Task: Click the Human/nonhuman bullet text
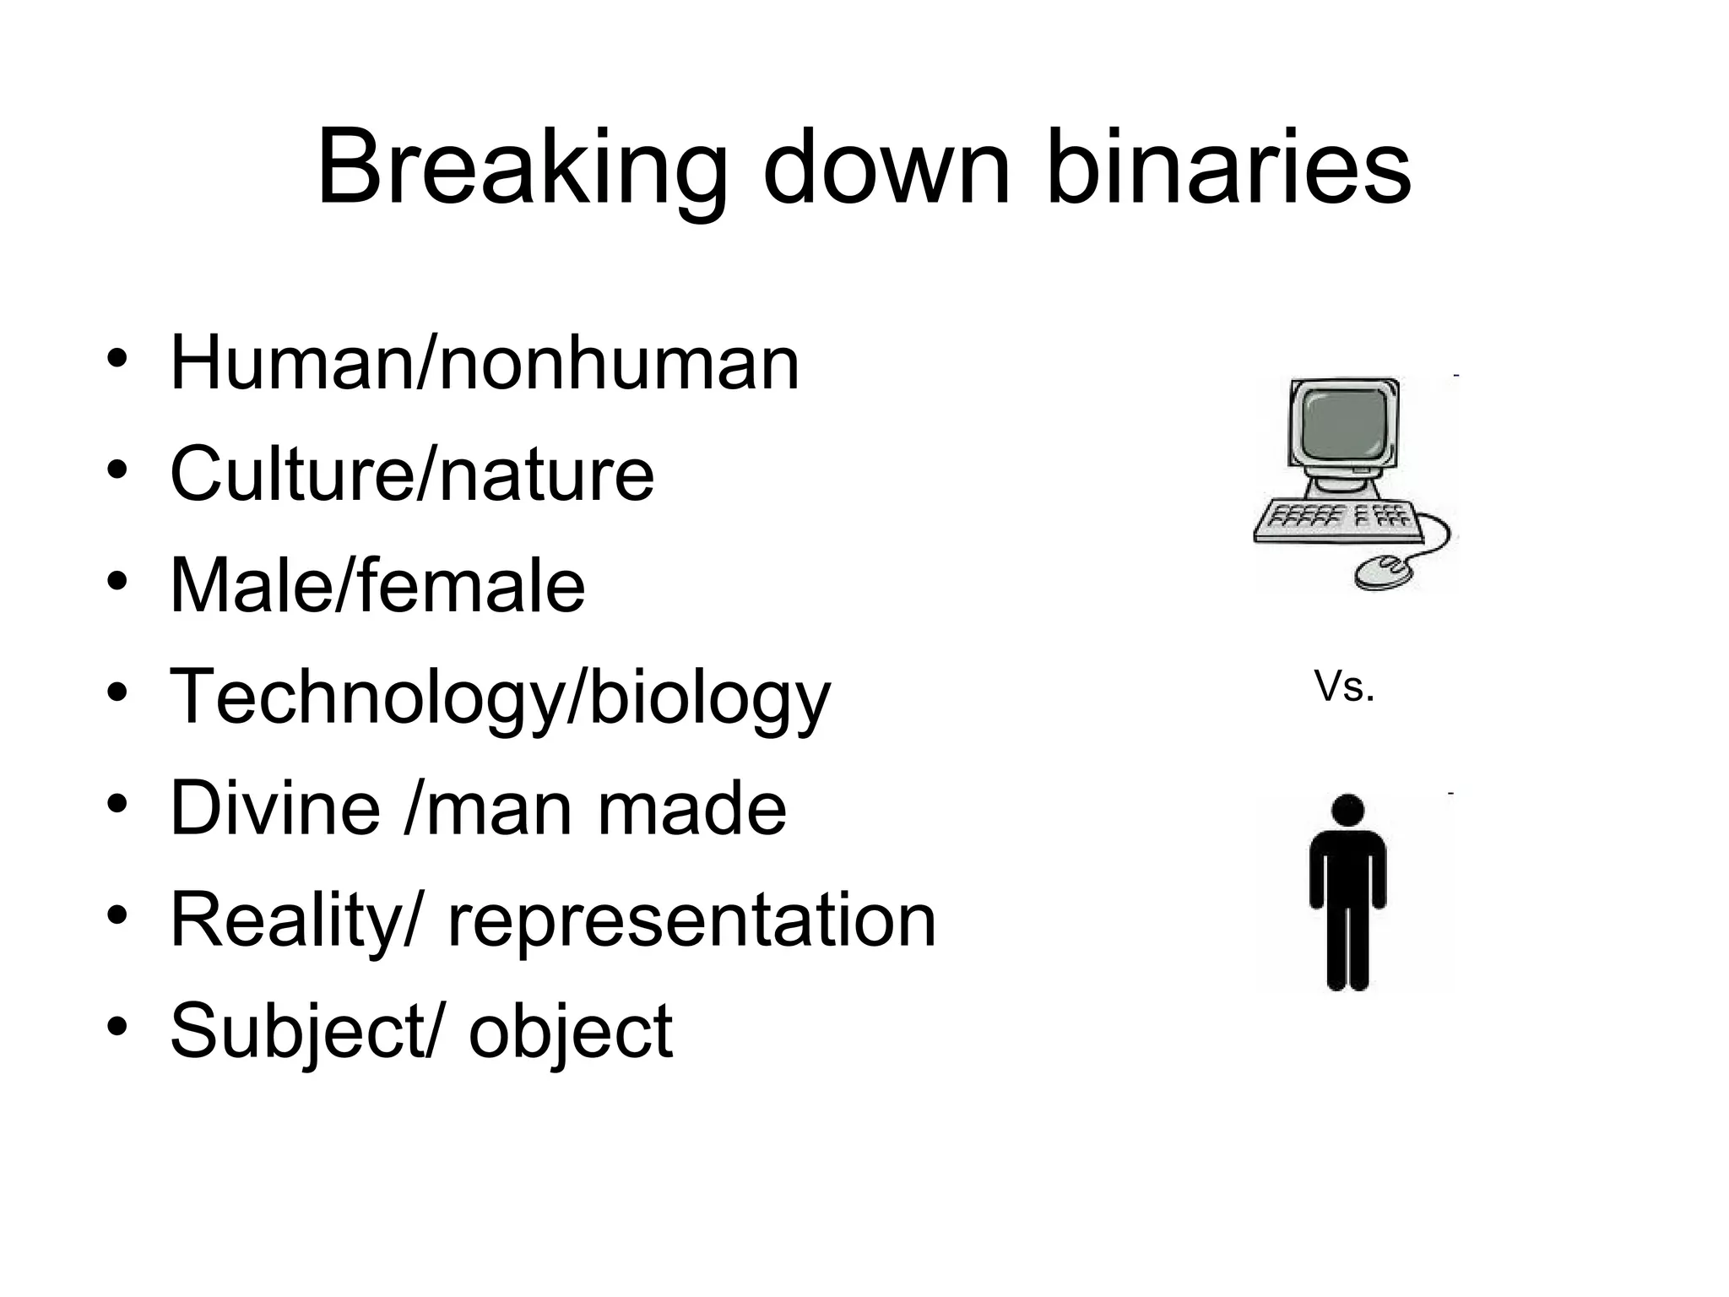(x=485, y=363)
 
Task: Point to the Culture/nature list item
(x=412, y=474)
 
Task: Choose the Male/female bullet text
(x=377, y=585)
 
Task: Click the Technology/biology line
(x=500, y=697)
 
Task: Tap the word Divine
(x=275, y=808)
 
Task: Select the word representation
(x=692, y=920)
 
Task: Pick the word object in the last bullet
(x=571, y=1031)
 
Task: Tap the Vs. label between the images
(x=1344, y=687)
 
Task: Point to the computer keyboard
(x=1338, y=521)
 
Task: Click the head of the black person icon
(x=1347, y=810)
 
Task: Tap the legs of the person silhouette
(x=1347, y=946)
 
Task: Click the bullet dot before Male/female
(x=117, y=581)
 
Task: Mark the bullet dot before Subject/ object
(x=117, y=1026)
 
